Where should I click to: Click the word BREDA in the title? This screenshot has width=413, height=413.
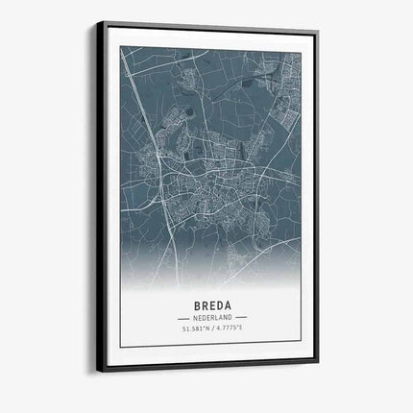pyautogui.click(x=211, y=302)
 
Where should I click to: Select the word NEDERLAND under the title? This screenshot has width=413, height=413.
pyautogui.click(x=212, y=317)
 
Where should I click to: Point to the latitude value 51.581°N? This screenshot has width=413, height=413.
pyautogui.click(x=193, y=330)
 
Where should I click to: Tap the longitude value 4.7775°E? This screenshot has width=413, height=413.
pyautogui.click(x=231, y=330)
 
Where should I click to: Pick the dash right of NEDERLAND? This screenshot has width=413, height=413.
pyautogui.click(x=241, y=317)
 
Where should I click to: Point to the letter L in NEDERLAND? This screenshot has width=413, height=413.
pyautogui.click(x=220, y=317)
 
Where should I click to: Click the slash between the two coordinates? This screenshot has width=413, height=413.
pyautogui.click(x=212, y=330)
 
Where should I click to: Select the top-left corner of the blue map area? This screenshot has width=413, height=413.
pyautogui.click(x=121, y=49)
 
